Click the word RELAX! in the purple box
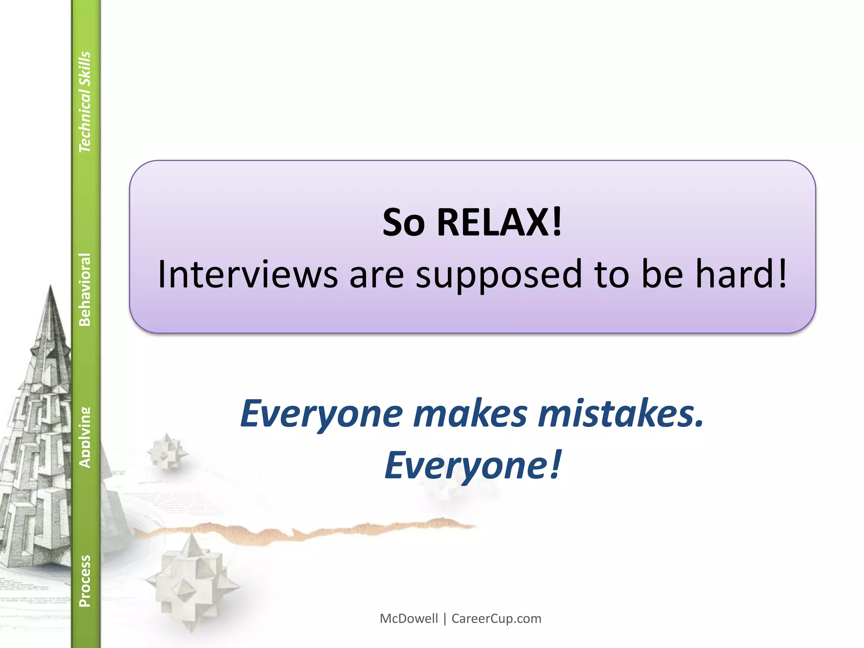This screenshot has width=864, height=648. pyautogui.click(x=499, y=222)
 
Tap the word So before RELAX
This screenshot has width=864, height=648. pyautogui.click(x=403, y=222)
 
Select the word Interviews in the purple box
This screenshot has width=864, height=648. pyautogui.click(x=248, y=274)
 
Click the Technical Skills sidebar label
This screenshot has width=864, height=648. pyautogui.click(x=85, y=102)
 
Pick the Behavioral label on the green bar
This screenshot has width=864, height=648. pyautogui.click(x=85, y=289)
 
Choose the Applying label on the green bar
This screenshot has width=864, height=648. pyautogui.click(x=85, y=437)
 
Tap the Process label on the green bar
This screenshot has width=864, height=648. pyautogui.click(x=85, y=581)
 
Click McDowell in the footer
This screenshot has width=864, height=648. pyautogui.click(x=409, y=618)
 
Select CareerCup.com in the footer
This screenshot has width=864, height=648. pyautogui.click(x=496, y=618)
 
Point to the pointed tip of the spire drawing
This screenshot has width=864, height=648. pyautogui.click(x=51, y=287)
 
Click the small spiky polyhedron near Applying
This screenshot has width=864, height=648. pyautogui.click(x=167, y=454)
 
